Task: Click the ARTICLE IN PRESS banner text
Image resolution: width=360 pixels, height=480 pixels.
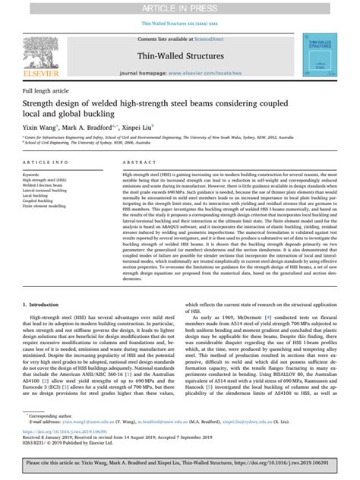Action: click(x=180, y=7)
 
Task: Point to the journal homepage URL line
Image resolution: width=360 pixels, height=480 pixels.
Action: click(x=180, y=75)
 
